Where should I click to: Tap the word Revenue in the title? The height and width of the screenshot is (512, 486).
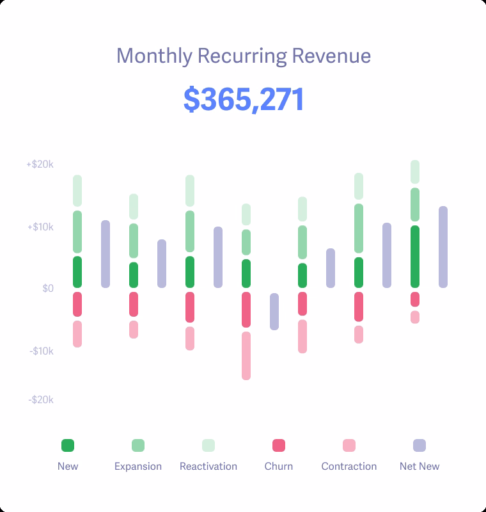(331, 56)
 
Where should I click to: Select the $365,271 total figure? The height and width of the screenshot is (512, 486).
(244, 100)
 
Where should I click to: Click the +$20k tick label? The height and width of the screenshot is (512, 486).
(40, 164)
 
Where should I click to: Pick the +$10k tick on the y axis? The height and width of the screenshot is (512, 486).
(40, 227)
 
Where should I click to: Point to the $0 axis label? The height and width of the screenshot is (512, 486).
(48, 289)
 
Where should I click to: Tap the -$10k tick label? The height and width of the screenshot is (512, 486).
(41, 351)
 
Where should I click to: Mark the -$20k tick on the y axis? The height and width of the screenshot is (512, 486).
(41, 400)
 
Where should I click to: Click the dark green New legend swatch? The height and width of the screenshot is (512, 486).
(68, 445)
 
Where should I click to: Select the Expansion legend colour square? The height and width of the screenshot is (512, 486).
(138, 445)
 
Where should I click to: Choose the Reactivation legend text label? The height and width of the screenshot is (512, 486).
(208, 466)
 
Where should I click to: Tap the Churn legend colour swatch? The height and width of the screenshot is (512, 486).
(279, 445)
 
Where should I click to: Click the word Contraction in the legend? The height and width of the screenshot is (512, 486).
(349, 466)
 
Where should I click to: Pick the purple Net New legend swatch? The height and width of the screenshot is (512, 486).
(419, 445)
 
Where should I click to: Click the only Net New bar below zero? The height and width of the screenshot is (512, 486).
(274, 312)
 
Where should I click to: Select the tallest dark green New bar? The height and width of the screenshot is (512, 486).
(415, 257)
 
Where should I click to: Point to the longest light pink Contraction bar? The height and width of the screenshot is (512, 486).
(246, 356)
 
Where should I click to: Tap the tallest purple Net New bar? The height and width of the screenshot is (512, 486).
(443, 247)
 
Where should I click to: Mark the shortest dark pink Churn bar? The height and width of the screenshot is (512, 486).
(415, 300)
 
